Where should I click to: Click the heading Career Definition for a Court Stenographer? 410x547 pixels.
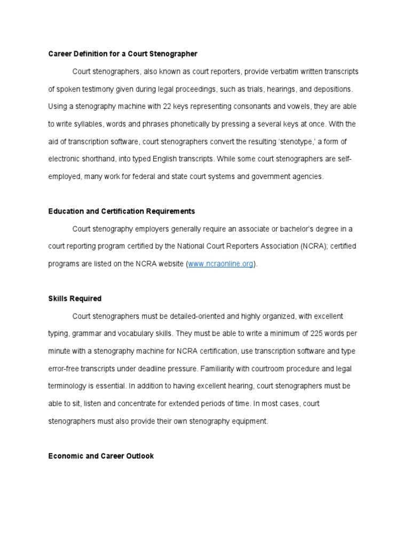tap(123, 54)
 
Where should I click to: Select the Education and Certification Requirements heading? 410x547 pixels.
tap(122, 211)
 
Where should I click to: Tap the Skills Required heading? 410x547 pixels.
tap(75, 299)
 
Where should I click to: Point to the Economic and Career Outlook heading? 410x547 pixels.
tap(101, 456)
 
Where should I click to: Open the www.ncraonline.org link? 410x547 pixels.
tap(221, 264)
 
